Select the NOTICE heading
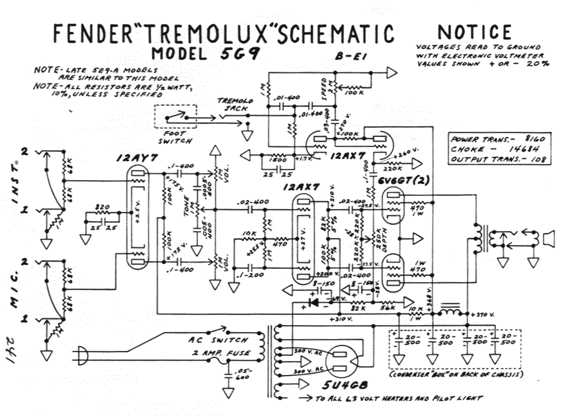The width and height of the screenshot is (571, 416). click(475, 32)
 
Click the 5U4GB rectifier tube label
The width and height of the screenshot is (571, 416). click(344, 385)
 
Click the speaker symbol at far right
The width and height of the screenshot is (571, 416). click(549, 238)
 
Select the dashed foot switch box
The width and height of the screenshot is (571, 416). click(175, 116)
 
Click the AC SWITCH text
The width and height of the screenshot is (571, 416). click(218, 340)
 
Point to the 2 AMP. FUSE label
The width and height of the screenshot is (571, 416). click(221, 353)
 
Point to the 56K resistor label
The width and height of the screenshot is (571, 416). click(387, 307)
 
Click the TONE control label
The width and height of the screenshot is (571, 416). click(186, 206)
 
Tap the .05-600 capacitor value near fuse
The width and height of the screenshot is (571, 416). click(243, 374)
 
